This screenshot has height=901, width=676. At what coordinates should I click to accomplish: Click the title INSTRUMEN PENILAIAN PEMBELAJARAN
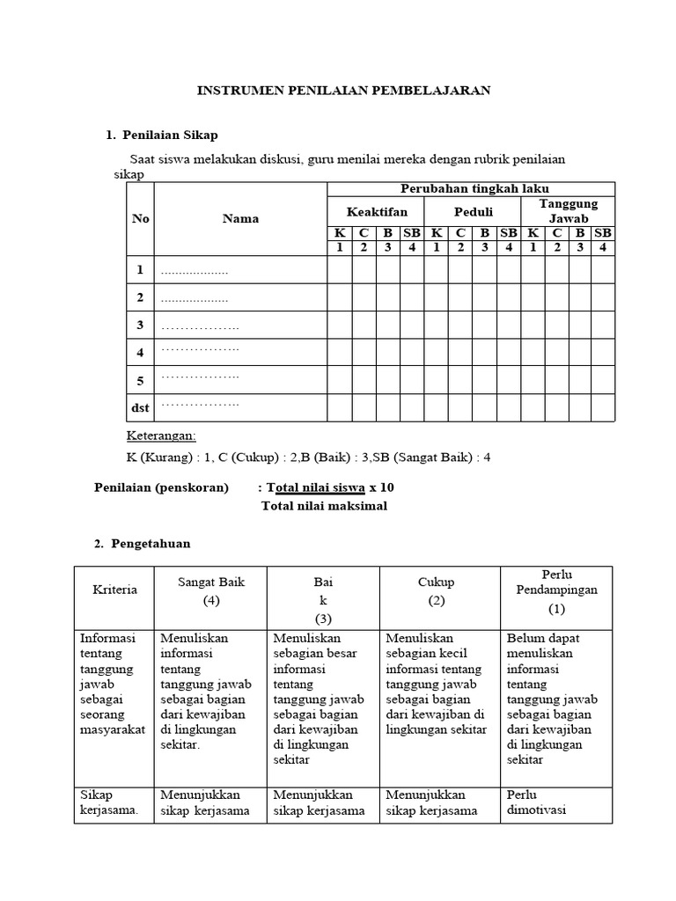click(342, 90)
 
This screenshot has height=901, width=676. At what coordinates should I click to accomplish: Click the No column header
click(141, 218)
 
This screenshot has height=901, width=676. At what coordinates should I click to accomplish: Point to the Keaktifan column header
click(376, 211)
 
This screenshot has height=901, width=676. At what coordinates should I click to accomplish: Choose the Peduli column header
click(473, 211)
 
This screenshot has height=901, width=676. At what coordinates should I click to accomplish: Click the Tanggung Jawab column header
click(569, 210)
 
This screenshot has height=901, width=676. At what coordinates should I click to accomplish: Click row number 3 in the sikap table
click(140, 325)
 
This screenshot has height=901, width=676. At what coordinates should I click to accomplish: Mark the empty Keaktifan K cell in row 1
click(340, 270)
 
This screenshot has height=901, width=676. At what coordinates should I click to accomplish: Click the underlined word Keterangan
click(162, 437)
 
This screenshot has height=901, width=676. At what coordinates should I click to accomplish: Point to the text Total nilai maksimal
click(324, 506)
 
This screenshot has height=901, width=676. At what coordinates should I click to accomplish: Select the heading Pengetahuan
click(150, 544)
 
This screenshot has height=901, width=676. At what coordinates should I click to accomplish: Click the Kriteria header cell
click(114, 590)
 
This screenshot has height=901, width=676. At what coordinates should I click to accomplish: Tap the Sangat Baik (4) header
click(210, 590)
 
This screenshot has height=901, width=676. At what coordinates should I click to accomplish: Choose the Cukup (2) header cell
click(436, 590)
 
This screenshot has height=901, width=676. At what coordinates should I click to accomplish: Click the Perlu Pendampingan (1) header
click(556, 590)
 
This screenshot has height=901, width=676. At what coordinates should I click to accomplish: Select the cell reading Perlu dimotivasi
click(556, 802)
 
